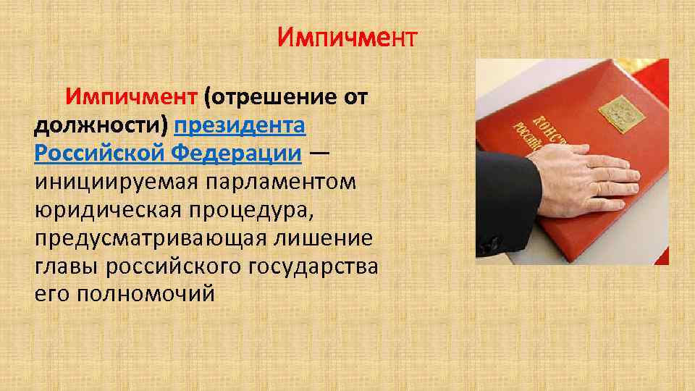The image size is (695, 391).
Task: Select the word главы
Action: click(x=65, y=267)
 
